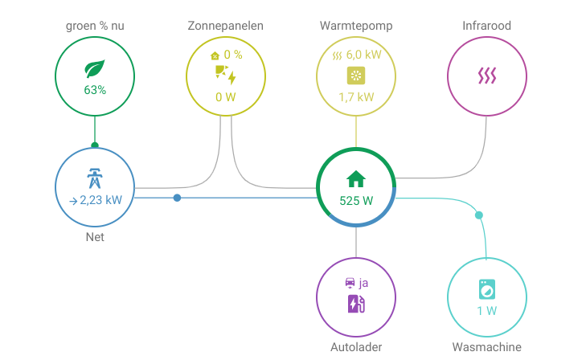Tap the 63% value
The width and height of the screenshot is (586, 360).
click(95, 90)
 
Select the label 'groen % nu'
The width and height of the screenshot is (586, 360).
click(95, 26)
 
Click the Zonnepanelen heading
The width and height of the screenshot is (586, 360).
click(225, 26)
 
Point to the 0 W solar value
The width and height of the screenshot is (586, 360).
click(225, 97)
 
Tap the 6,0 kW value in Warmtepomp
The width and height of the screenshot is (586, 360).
click(362, 55)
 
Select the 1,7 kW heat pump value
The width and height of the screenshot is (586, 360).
click(356, 97)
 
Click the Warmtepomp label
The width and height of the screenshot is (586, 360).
click(356, 26)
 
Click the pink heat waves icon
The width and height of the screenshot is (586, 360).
click(486, 76)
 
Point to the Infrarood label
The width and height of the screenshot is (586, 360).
click(486, 26)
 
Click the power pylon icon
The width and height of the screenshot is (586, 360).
click(95, 178)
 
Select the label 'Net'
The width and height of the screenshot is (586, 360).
click(95, 237)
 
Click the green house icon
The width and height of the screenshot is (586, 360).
click(356, 178)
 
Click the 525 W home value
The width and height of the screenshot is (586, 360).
click(356, 200)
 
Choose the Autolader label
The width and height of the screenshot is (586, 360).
click(356, 347)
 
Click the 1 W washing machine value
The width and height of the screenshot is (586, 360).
click(486, 310)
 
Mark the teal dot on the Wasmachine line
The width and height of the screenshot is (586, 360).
click(479, 215)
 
